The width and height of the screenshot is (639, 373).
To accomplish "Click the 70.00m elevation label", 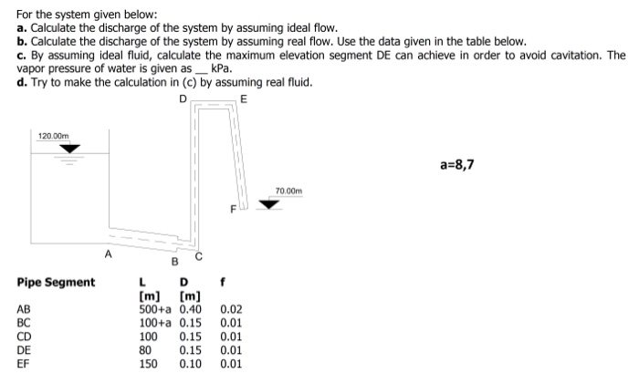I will point(288,191).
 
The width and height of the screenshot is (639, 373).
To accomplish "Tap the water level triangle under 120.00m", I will point(69,148).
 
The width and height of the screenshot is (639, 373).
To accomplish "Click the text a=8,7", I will point(457,165).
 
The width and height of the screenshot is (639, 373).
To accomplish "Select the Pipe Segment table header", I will point(56,282).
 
